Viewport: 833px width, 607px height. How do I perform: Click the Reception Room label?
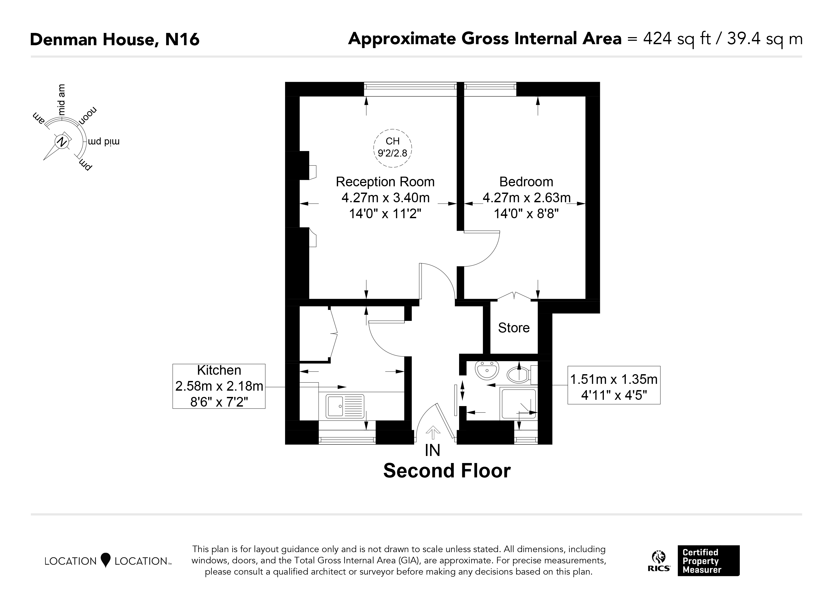point(385,182)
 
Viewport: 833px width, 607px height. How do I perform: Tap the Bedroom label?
point(526,182)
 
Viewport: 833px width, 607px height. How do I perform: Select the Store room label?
point(514,328)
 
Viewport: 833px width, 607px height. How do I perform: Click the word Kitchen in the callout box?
point(219,370)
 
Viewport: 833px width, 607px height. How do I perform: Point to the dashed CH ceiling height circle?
point(393,129)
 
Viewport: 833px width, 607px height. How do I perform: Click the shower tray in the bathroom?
point(518,403)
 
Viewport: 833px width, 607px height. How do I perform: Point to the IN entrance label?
point(432,450)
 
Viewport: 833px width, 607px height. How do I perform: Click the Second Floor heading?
point(447,471)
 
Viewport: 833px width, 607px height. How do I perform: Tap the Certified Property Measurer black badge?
point(708,561)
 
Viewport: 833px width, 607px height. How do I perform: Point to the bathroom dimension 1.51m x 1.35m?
point(614,379)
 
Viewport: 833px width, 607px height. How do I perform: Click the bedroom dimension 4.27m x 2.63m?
point(527,198)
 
